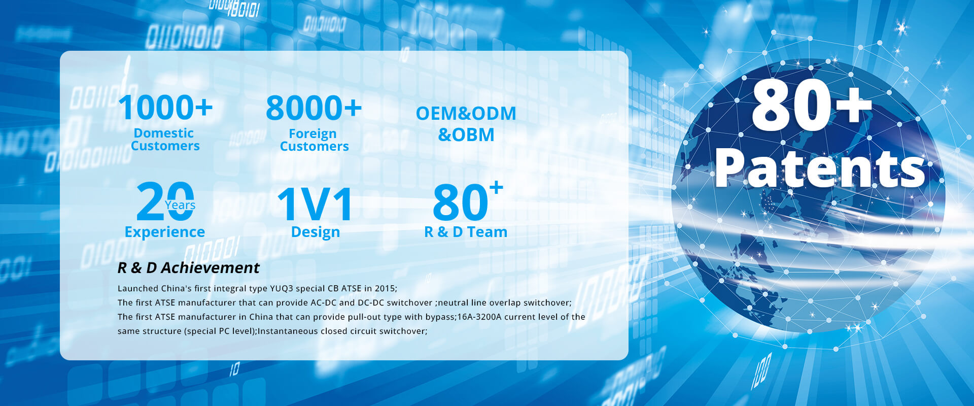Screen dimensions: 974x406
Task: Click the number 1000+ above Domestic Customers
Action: click(x=165, y=108)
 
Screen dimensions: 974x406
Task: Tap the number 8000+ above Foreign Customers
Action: click(x=314, y=108)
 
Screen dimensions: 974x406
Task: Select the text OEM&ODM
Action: click(x=466, y=113)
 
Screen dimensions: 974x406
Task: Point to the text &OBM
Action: click(x=466, y=134)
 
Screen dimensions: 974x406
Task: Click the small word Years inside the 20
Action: click(x=180, y=205)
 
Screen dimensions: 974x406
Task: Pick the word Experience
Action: click(x=165, y=232)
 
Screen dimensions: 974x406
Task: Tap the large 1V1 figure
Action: click(x=315, y=204)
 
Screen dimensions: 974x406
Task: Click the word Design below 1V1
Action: click(x=315, y=232)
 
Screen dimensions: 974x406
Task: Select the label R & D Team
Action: click(x=466, y=232)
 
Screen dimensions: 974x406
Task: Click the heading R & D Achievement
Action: click(x=188, y=267)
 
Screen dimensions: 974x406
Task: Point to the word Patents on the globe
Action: click(x=820, y=168)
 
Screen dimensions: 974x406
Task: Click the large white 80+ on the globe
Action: click(x=812, y=105)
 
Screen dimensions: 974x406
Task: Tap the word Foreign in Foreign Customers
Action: click(x=312, y=133)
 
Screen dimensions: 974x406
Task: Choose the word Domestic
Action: click(x=163, y=133)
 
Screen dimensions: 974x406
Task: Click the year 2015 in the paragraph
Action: click(x=385, y=288)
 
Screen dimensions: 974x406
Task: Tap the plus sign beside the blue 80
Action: click(x=496, y=188)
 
